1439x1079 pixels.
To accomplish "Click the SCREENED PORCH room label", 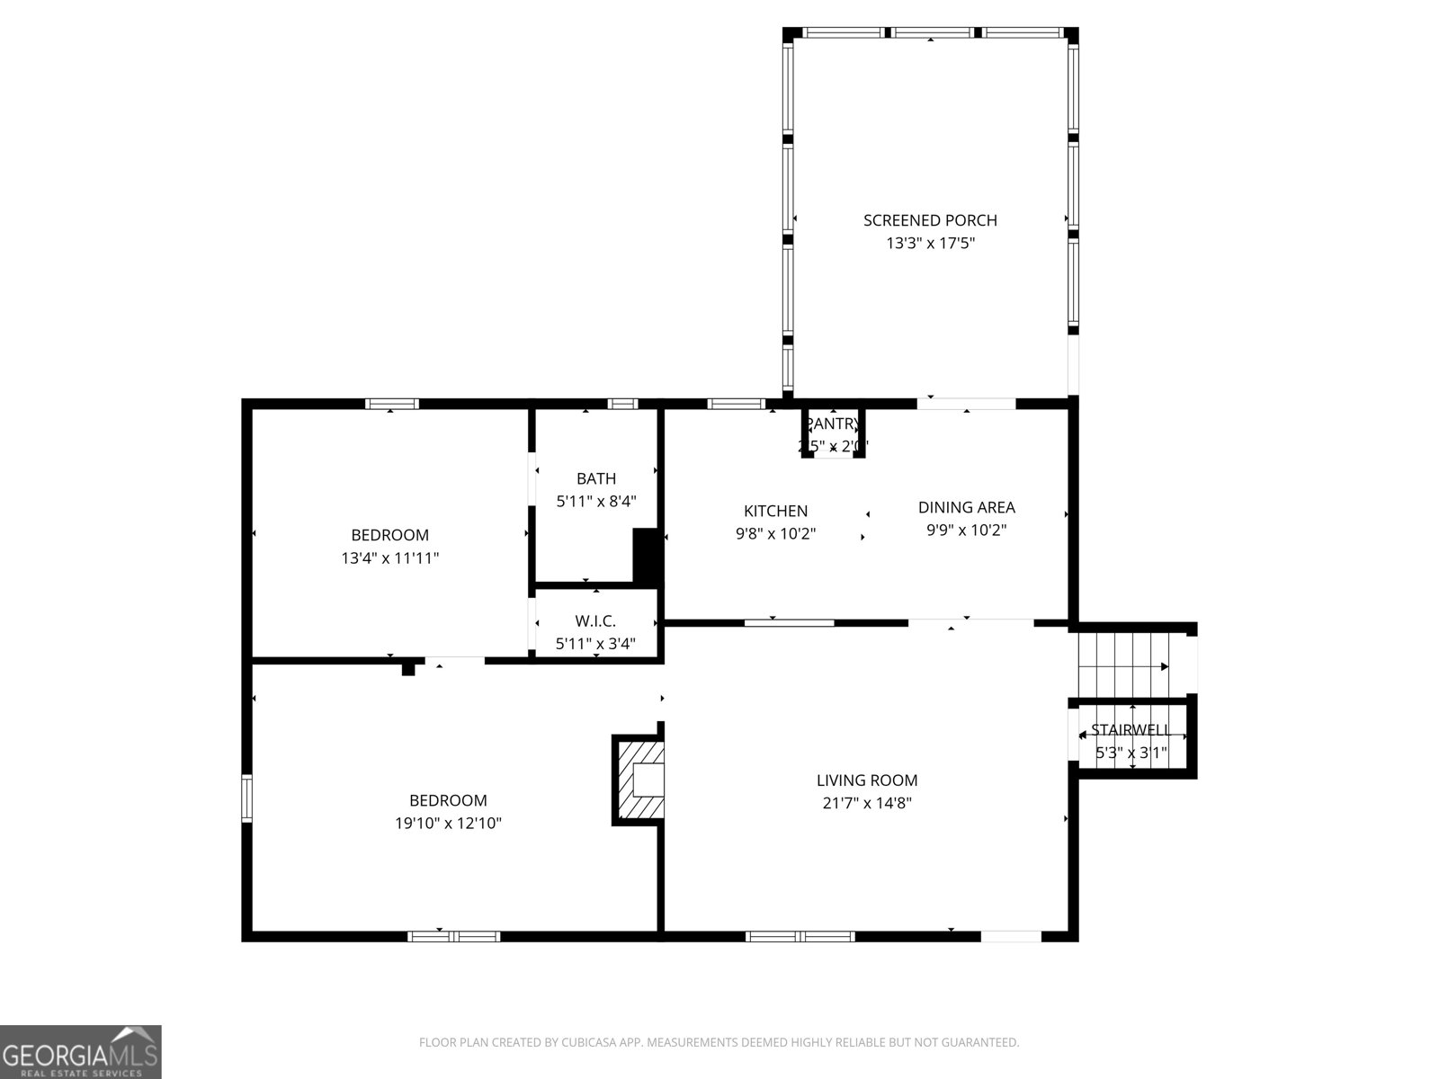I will [930, 220].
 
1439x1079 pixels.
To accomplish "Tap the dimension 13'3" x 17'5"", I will [930, 243].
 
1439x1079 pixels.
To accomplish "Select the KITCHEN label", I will [775, 511].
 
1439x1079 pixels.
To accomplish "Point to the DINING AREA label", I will [966, 507].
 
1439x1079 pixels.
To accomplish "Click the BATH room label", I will [596, 478].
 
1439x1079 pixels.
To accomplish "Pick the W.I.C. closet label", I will [595, 621].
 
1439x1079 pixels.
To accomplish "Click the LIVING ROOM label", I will [867, 780].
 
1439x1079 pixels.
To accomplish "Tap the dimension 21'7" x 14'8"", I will [867, 803].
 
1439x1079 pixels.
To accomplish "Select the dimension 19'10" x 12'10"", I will [448, 823].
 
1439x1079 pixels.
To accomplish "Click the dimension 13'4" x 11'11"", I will [389, 557].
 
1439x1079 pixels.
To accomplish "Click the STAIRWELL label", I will [1131, 730].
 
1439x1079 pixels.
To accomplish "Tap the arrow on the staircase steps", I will [1163, 666].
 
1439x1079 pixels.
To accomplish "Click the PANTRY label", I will [833, 424].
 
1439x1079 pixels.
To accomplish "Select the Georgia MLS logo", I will [80, 1052].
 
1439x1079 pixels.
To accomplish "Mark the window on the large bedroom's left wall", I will [246, 798].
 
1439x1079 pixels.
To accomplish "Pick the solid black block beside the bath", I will [646, 557].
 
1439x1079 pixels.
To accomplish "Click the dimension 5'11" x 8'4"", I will [596, 501].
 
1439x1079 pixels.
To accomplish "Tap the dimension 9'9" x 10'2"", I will [966, 531].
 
